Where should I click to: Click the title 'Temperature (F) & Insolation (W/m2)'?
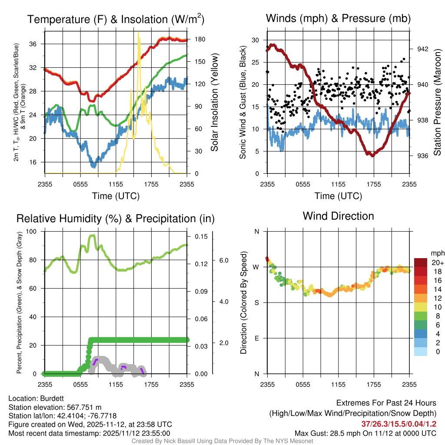(x=116, y=19)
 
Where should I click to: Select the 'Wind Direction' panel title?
(x=338, y=216)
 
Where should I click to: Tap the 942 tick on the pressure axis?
(x=423, y=49)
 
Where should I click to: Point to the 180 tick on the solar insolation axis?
(x=200, y=40)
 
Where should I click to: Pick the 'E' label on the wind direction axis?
(x=256, y=338)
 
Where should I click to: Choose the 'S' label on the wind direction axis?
(x=256, y=302)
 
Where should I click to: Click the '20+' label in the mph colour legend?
(x=438, y=262)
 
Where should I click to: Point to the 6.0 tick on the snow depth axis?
(x=224, y=260)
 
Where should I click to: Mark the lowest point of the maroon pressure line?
(x=372, y=155)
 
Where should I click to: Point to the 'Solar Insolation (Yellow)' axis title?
(x=214, y=103)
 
